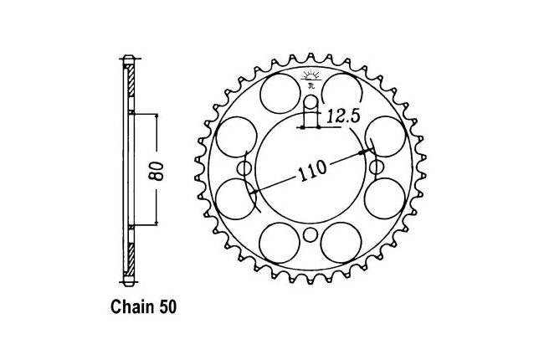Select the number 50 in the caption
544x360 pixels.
coord(168,307)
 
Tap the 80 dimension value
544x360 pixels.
coord(157,171)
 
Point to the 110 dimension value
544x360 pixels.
coord(312,171)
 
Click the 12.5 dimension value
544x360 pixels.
coord(342,116)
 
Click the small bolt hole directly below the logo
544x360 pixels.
coord(310,103)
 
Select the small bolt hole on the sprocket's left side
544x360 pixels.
coord(244,168)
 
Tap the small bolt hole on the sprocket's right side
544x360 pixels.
coord(377,167)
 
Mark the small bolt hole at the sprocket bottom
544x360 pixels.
coord(310,234)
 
